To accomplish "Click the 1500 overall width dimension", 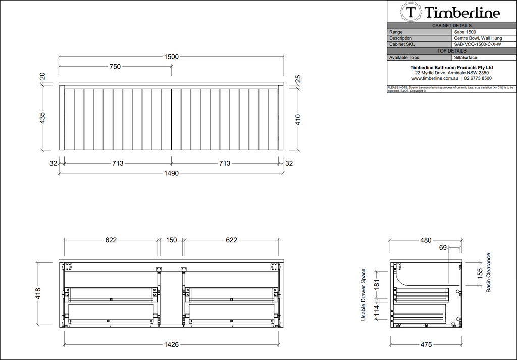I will click(171, 57).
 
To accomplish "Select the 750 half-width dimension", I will click(115, 67).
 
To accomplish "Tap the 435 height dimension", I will click(43, 118).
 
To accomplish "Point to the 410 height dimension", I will click(298, 119).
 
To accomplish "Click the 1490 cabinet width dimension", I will click(171, 173).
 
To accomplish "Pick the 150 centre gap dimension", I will click(172, 240).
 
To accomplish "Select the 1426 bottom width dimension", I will click(171, 345).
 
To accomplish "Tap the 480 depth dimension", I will click(426, 240).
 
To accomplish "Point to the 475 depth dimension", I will click(426, 345).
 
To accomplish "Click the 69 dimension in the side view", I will click(443, 247).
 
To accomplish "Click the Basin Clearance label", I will click(489, 273).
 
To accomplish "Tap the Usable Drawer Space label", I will click(363, 295).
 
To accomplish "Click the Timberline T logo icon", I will click(411, 12).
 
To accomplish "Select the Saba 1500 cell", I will click(465, 32).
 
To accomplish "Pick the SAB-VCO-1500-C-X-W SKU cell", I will click(477, 44).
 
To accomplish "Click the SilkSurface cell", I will click(466, 57).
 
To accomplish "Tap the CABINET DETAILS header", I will click(452, 25).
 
